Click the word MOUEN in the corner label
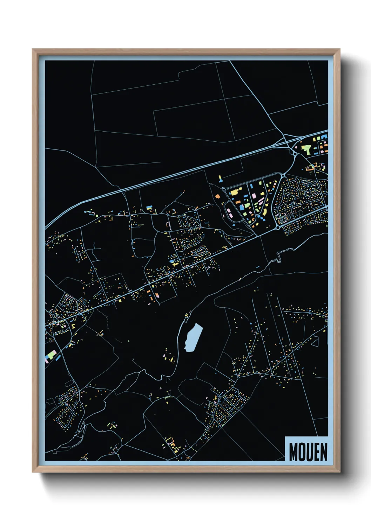(x=308, y=452)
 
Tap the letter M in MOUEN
(x=294, y=452)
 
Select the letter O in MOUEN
(x=302, y=452)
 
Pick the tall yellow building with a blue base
(x=220, y=179)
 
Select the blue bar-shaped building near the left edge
(x=58, y=358)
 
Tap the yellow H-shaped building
(x=73, y=325)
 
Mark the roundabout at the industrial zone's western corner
(x=224, y=189)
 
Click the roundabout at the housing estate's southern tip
(x=278, y=227)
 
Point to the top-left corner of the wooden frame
(x=33, y=49)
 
